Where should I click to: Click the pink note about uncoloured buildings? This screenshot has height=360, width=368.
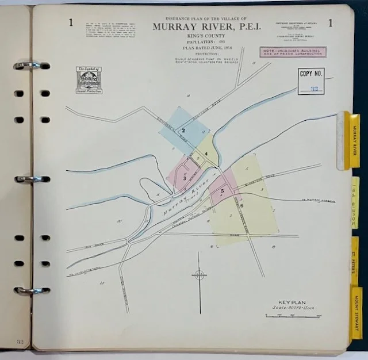[293, 52]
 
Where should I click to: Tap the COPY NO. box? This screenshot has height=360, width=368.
[310, 81]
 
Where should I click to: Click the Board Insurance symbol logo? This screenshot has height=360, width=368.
[89, 80]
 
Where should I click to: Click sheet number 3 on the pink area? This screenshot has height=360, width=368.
[185, 178]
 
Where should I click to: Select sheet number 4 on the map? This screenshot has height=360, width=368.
[205, 154]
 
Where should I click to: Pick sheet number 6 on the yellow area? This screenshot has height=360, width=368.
[242, 205]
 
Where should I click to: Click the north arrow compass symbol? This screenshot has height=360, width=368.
[199, 274]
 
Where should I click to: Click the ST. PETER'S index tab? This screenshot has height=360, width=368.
[355, 259]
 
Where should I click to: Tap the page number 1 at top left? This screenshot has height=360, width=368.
[70, 23]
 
